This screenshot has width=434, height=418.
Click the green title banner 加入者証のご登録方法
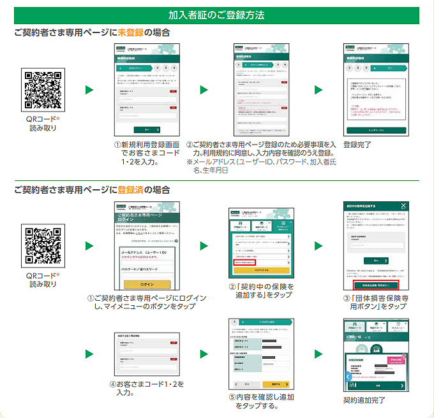click(x=216, y=15)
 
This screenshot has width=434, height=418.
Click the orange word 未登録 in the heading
click(x=131, y=33)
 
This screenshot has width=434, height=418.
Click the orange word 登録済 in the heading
click(x=131, y=189)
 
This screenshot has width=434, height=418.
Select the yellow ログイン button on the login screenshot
click(x=147, y=284)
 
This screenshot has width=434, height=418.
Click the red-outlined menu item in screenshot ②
click(x=244, y=262)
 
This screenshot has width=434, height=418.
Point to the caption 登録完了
click(x=357, y=145)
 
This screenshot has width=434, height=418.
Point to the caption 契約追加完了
click(x=364, y=400)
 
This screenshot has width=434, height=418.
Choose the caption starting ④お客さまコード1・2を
click(x=147, y=389)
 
